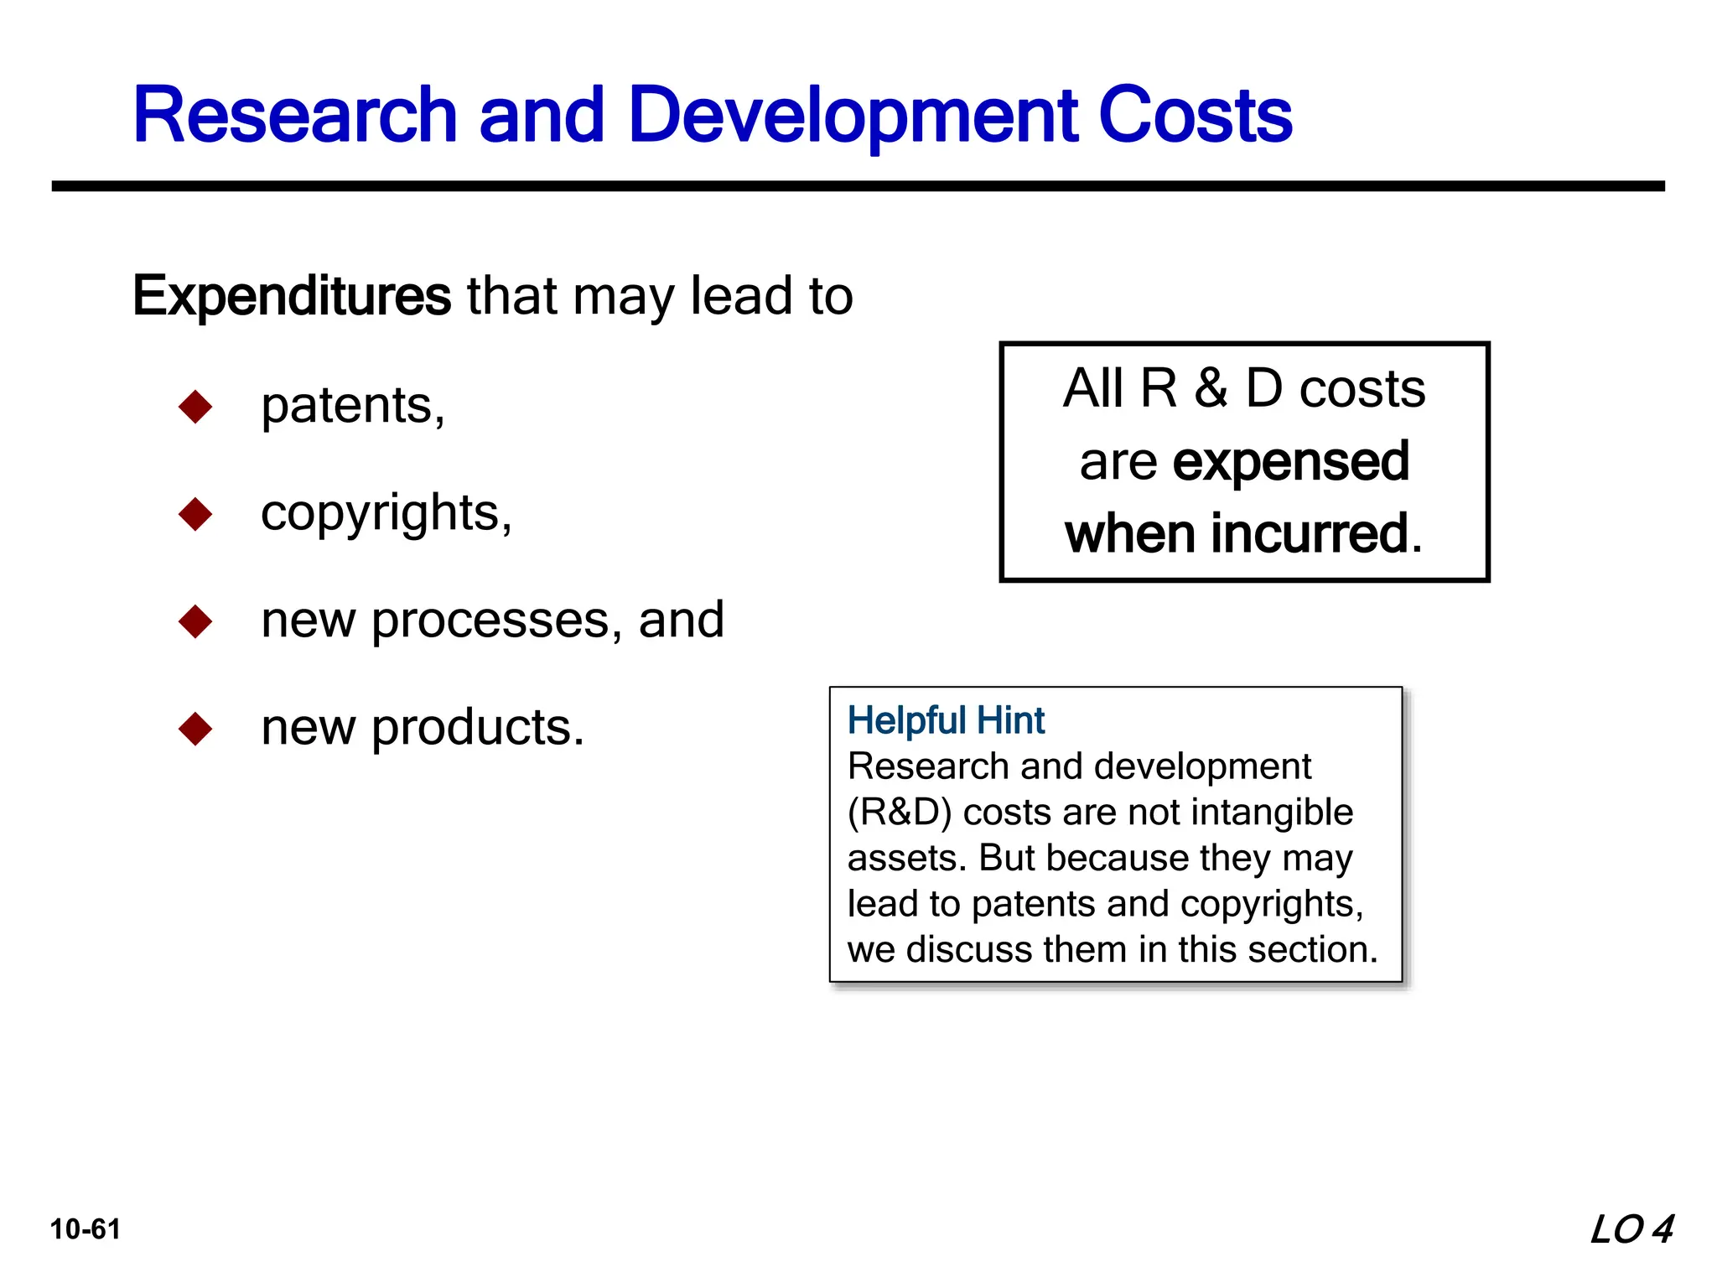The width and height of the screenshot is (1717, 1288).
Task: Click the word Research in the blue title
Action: tap(295, 115)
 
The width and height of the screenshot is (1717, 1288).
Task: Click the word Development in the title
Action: tap(852, 115)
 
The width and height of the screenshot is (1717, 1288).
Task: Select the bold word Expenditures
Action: tap(292, 296)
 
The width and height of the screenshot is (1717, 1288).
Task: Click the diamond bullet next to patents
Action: tap(195, 407)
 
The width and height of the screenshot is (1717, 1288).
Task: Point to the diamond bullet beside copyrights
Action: tap(195, 514)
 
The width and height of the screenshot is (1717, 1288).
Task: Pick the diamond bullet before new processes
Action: tap(195, 621)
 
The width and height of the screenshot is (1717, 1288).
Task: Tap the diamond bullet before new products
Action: tap(195, 729)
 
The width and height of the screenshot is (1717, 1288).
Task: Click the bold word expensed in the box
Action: tap(1291, 462)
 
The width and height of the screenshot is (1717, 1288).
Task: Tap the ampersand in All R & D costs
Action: tap(1211, 388)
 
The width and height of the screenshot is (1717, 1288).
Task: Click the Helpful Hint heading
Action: tap(946, 720)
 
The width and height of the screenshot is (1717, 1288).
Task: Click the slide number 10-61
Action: tap(86, 1229)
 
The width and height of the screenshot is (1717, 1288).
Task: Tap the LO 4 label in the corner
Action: tap(1631, 1229)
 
